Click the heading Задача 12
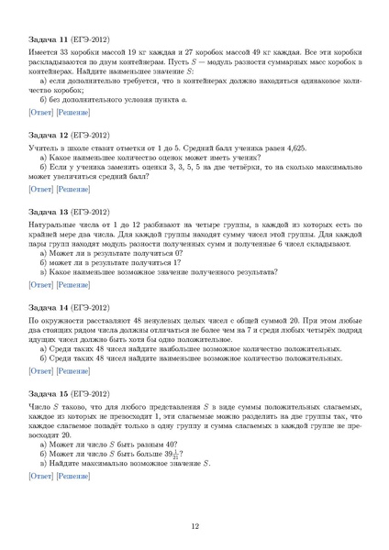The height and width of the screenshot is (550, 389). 50,135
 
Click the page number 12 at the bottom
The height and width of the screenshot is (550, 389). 194,526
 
